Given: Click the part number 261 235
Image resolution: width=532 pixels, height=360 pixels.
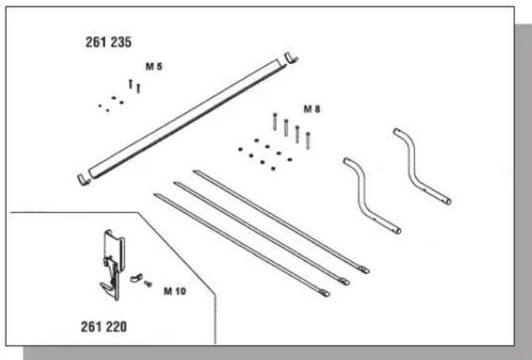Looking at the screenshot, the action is tap(108, 42).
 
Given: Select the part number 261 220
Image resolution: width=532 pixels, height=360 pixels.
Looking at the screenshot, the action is tap(104, 327).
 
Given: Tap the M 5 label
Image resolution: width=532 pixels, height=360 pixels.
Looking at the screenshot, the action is tap(154, 67).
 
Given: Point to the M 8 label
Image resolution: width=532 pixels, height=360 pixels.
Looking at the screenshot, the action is tap(312, 109).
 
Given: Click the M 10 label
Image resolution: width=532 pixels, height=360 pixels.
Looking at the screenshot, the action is tap(174, 291).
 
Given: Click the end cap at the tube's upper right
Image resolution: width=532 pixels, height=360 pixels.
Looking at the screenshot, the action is tap(291, 58).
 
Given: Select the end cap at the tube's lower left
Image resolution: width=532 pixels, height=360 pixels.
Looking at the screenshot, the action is tap(83, 180).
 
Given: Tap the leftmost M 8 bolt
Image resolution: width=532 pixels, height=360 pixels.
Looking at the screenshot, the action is tap(275, 121).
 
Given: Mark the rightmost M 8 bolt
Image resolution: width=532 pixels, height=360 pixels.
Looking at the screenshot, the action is tap(307, 140).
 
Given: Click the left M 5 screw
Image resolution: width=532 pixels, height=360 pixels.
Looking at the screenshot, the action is tap(131, 84).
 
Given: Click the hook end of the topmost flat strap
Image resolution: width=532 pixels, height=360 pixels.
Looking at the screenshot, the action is tap(364, 270).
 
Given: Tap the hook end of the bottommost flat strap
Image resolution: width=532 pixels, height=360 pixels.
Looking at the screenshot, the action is tap(324, 293).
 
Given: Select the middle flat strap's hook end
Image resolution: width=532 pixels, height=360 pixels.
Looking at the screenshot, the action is tap(344, 282).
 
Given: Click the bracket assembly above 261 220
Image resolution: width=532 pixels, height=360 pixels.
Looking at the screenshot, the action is tap(113, 265).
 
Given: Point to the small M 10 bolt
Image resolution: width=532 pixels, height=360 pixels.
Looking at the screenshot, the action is tap(148, 283).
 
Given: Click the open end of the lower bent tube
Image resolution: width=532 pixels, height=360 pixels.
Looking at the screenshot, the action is tap(398, 231).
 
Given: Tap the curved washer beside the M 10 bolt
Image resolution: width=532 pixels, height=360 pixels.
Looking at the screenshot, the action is tap(137, 278).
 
